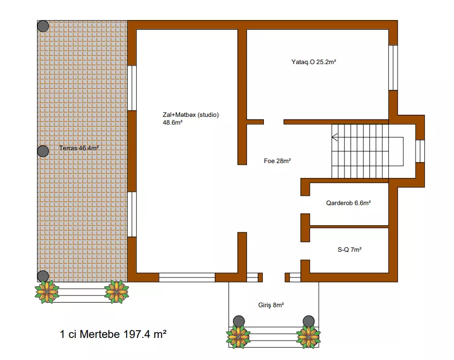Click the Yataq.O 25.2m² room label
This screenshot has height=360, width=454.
[314, 62]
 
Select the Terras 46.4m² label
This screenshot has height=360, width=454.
[79, 148]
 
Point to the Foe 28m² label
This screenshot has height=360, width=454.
[277, 161]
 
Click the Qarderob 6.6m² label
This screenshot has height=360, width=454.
[348, 203]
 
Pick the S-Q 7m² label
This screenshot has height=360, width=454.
[349, 250]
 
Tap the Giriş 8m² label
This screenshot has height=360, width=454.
[271, 305]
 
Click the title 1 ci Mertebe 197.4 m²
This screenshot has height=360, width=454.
[113, 334]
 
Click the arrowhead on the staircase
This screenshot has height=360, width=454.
[335, 137]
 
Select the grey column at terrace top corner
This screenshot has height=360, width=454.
[43, 26]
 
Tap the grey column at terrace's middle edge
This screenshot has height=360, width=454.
[43, 151]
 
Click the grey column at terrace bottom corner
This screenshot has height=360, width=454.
[43, 276]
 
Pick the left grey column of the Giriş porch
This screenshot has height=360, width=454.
[239, 321]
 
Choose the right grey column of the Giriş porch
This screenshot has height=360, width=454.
[308, 321]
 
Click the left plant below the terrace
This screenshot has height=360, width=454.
[47, 292]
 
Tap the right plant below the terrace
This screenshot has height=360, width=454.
[116, 292]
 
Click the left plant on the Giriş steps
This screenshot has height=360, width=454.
[238, 337]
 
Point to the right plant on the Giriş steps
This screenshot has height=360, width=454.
[308, 337]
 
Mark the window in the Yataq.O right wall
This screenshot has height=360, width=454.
[393, 68]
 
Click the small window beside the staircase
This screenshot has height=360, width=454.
[420, 151]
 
